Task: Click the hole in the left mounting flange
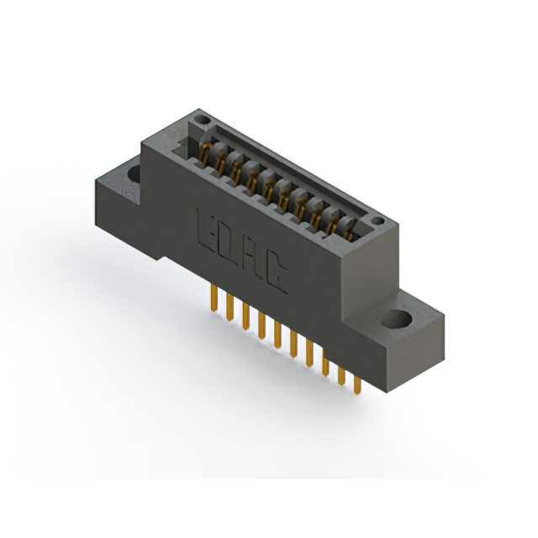point(134,174)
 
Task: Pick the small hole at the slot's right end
point(378,223)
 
